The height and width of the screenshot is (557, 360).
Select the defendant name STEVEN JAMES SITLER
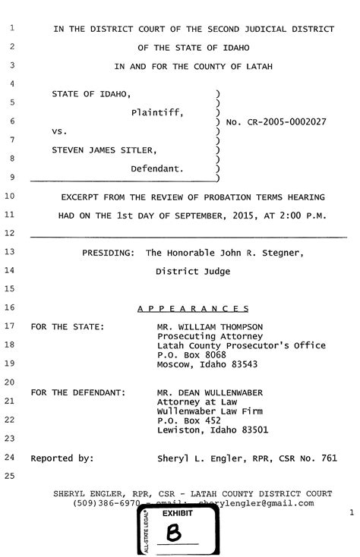tap(105, 149)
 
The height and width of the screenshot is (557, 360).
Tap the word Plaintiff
tap(157, 112)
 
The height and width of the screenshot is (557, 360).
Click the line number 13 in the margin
tap(11, 250)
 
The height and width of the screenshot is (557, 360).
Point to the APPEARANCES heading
tap(193, 308)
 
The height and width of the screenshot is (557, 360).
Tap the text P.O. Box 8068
tap(191, 354)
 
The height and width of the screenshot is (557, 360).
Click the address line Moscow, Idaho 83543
tap(207, 364)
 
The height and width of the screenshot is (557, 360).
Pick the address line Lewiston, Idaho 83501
tap(212, 430)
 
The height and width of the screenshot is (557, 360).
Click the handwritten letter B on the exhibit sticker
tap(174, 534)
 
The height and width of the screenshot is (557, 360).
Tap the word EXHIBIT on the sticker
tap(178, 514)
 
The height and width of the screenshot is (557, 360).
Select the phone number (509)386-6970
tap(106, 503)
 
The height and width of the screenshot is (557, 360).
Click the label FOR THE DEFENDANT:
tap(77, 392)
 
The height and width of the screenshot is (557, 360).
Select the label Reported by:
tap(62, 458)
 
